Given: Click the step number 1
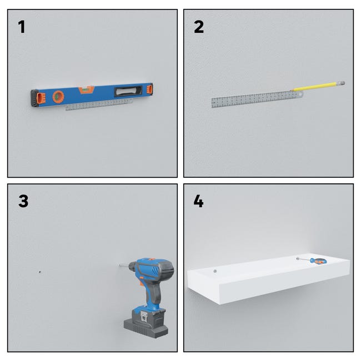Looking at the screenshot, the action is (22, 27).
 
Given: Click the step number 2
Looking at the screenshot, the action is (199, 27).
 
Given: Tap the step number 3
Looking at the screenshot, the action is (23, 201).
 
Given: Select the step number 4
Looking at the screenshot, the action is (198, 201).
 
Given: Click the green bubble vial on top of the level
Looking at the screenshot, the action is (86, 89).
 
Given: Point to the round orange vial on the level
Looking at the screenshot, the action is (58, 97).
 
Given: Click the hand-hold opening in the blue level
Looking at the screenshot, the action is (128, 91).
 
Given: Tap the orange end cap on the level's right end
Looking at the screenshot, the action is (149, 89).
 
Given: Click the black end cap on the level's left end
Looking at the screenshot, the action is (34, 98).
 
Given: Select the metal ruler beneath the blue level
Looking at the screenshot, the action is (99, 105).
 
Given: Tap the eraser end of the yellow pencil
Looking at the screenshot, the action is (342, 83).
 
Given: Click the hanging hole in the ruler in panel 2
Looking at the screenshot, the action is (300, 94).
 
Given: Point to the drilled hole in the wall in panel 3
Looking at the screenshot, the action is (40, 272).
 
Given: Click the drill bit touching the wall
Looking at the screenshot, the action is (124, 265).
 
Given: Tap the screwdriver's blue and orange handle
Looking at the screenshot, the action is (318, 261).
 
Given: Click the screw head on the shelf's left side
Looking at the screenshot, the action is (215, 271).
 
